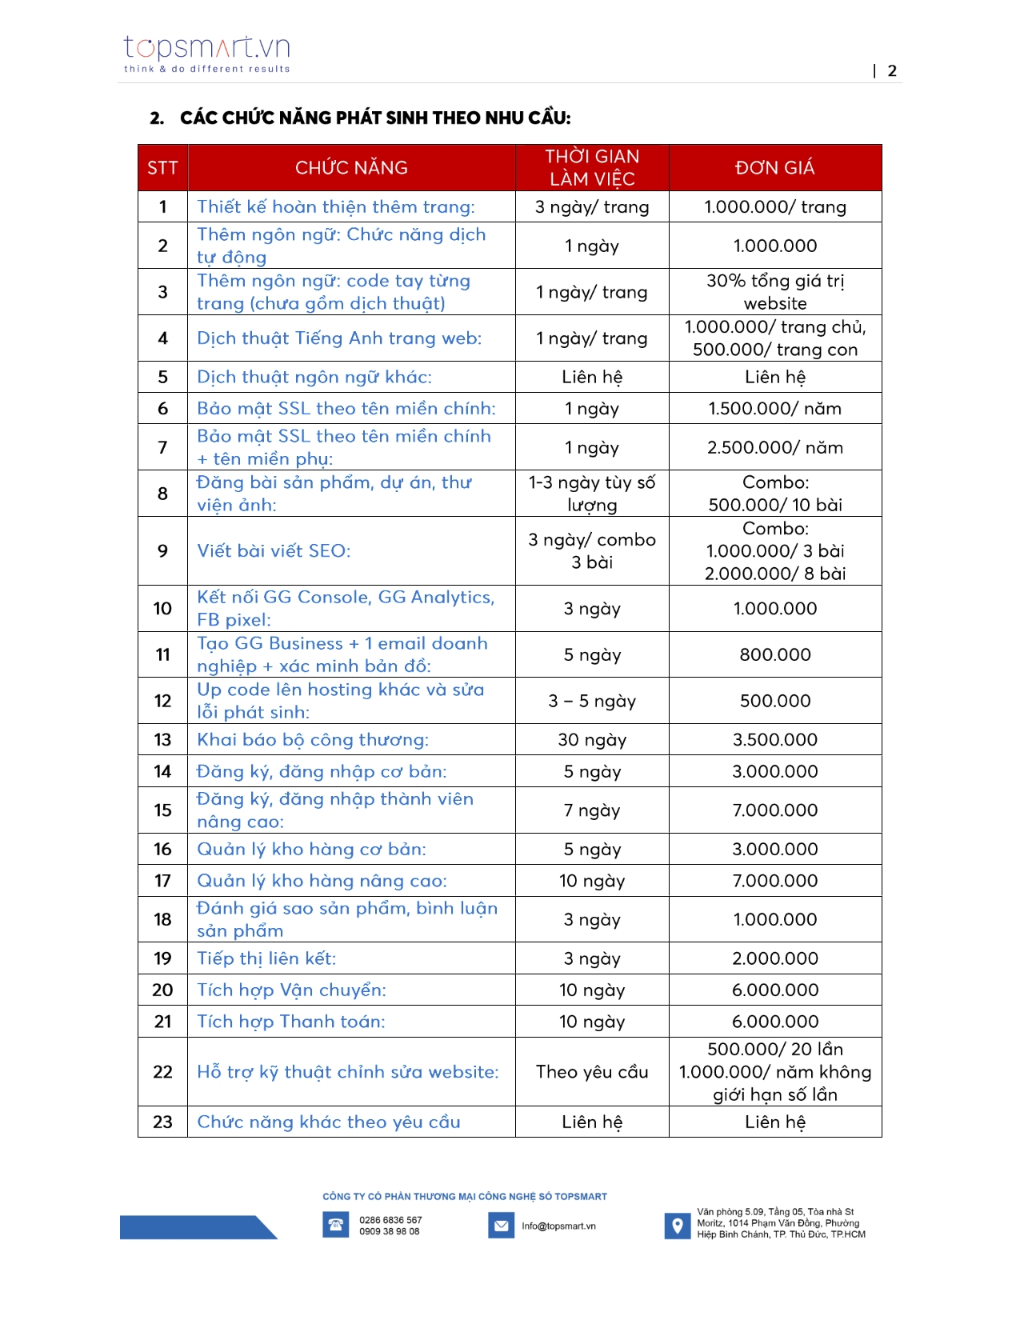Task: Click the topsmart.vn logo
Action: (206, 54)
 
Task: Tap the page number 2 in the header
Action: (892, 71)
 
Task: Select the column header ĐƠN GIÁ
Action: (774, 168)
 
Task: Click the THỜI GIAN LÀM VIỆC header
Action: (592, 168)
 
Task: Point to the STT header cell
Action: (162, 168)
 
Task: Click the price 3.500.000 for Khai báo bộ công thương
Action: (774, 740)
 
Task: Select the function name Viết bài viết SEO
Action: (274, 551)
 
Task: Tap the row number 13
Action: (162, 740)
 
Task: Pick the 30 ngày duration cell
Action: (592, 740)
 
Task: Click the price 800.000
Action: (774, 655)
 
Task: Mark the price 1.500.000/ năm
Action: (774, 409)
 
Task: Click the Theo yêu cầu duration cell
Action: (592, 1072)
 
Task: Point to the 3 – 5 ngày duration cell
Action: (592, 702)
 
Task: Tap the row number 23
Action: (162, 1122)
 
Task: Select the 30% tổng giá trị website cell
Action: (774, 292)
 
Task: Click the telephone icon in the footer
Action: (336, 1225)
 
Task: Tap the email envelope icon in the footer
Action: (502, 1226)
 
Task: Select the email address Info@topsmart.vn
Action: (558, 1226)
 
